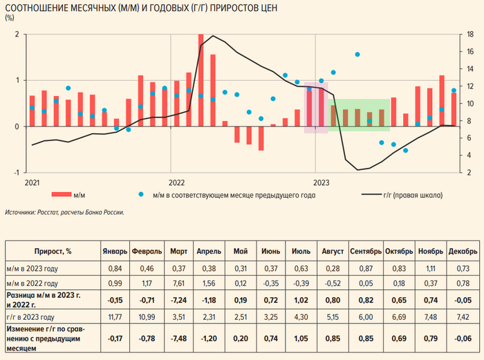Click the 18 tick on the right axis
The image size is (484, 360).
470,35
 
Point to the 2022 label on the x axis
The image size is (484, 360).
177,182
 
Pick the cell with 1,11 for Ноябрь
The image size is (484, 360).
429,267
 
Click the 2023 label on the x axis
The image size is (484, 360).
320,182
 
